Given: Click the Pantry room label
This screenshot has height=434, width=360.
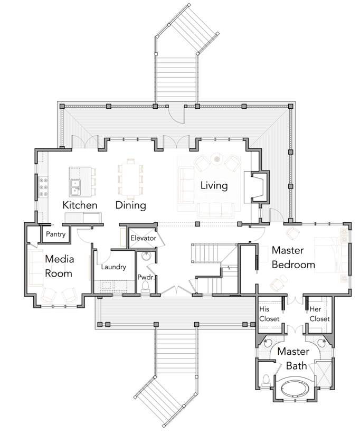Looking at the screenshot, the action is [55, 234].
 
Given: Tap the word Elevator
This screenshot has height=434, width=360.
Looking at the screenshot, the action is [144, 238].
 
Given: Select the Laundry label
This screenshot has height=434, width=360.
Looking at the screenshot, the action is [113, 267].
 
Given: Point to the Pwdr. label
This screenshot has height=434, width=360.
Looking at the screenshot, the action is [146, 277].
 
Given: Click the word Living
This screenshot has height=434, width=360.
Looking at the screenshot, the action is [214, 186].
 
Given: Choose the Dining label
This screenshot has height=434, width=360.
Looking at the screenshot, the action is [130, 205].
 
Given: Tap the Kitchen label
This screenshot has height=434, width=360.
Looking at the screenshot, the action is [80, 205].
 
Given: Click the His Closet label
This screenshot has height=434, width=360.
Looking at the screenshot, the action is [269, 314].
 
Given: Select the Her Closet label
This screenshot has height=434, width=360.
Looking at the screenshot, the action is [319, 314].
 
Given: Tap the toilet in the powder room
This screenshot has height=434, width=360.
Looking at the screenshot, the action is [145, 287].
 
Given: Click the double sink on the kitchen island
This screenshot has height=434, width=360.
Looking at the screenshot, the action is [75, 187].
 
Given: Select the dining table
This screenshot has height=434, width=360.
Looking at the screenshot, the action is [130, 180].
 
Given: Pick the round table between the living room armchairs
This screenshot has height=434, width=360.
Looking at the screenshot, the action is [216, 159].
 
